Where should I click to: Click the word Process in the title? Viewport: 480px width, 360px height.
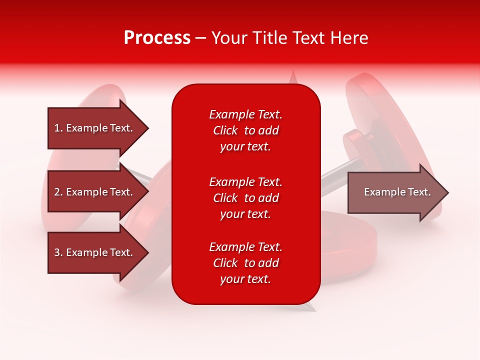pos(157,38)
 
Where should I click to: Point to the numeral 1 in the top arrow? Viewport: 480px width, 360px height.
pos(57,128)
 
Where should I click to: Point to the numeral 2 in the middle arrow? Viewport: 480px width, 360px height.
pos(57,192)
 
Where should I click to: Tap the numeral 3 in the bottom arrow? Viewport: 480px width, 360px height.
pos(57,252)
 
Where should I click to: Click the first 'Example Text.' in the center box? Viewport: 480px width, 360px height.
pos(245,114)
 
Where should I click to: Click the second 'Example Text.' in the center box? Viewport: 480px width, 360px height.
pos(245,182)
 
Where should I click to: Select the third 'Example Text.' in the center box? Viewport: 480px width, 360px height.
pos(245,247)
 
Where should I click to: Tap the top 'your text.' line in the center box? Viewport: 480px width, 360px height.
pos(245,147)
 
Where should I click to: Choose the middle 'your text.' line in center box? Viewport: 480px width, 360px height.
pos(245,214)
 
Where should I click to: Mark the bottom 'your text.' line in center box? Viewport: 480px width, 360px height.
pos(245,279)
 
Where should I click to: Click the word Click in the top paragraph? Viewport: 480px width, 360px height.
pos(225,131)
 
